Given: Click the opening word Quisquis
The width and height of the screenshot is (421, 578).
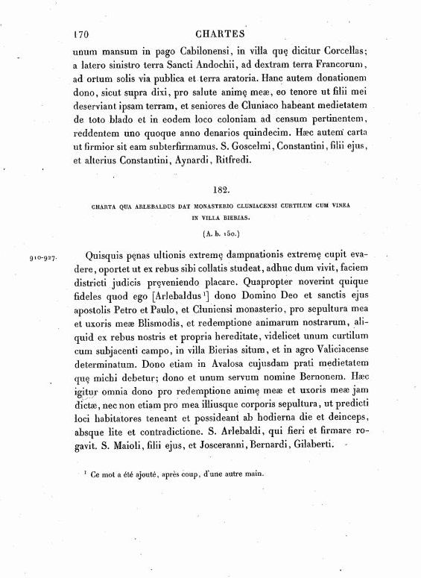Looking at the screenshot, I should (x=110, y=254).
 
